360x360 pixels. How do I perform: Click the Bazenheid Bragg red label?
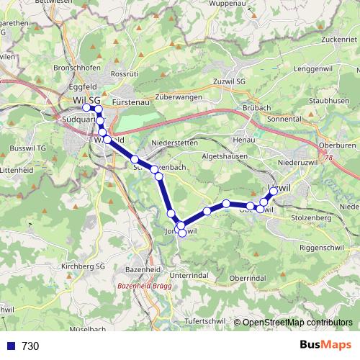click(143, 286)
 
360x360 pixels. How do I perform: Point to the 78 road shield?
click(330, 157)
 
